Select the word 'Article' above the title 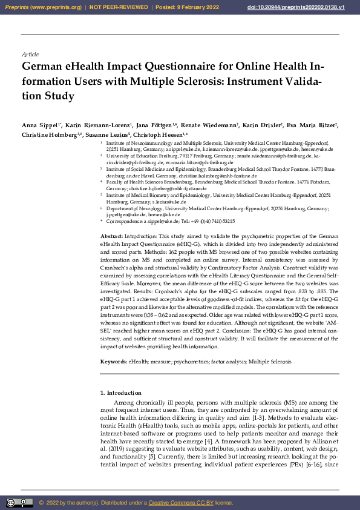30,55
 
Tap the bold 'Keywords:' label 113,362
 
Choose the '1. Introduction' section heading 120,394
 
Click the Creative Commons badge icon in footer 19,502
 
